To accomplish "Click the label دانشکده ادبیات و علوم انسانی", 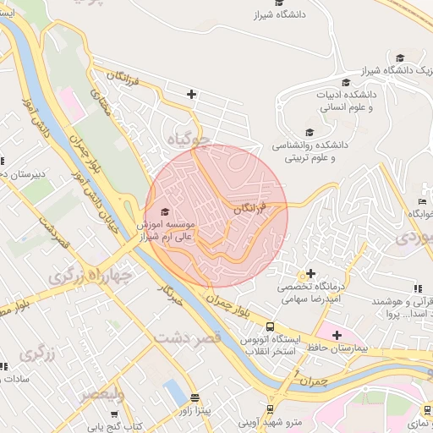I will tap(346, 101).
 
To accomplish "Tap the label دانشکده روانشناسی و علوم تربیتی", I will tap(309, 151).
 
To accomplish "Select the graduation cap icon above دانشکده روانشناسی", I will tap(310, 133).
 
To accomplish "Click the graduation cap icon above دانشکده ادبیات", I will tap(346, 82).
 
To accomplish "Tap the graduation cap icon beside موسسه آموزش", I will tap(164, 212).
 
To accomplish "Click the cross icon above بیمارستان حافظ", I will tap(337, 336).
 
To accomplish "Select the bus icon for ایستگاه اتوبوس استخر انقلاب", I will tap(269, 327).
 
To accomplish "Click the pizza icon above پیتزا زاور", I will tap(195, 397).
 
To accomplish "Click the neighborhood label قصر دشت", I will tap(188, 336).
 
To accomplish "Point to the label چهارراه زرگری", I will tap(90, 276).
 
